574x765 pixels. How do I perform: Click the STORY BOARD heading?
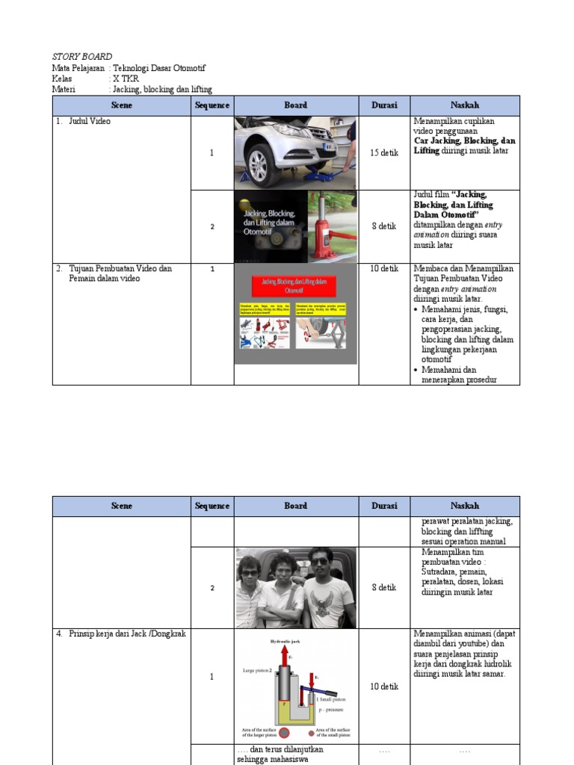[x=82, y=56]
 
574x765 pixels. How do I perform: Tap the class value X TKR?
[x=126, y=78]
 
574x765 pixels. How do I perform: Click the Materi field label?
[x=66, y=89]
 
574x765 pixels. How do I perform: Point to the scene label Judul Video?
[x=89, y=121]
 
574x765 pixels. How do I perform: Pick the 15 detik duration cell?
[x=384, y=153]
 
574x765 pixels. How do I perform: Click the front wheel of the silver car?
[x=259, y=164]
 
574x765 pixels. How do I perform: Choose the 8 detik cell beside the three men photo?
[x=384, y=588]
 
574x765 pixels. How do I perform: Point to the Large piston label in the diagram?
[x=256, y=670]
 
